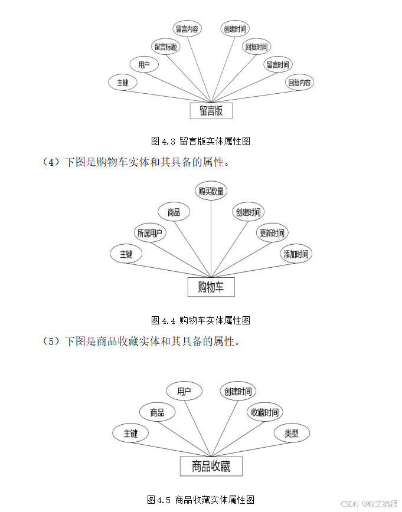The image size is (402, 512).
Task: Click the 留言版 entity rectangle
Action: tap(211, 111)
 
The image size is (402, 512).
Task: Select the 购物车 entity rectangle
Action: tap(211, 287)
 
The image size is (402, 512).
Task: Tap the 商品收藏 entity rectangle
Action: tap(211, 467)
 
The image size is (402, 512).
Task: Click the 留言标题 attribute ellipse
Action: tap(166, 47)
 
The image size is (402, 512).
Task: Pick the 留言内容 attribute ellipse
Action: tap(188, 28)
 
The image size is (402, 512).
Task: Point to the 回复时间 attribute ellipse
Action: tap(256, 47)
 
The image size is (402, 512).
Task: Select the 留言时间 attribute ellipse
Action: tap(277, 65)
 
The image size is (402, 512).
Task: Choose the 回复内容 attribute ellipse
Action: tap(299, 83)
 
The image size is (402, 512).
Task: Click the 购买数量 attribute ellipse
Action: tap(211, 191)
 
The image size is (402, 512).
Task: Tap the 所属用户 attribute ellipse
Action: tap(150, 233)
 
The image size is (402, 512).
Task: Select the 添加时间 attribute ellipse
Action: tap(295, 254)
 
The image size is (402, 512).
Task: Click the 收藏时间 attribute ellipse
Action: tap(264, 412)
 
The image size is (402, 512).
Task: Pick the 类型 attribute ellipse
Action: tap(292, 434)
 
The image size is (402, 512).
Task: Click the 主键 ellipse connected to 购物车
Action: tap(126, 254)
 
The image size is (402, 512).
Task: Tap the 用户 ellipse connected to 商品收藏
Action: tap(184, 391)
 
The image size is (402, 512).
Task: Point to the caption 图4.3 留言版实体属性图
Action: tap(201, 141)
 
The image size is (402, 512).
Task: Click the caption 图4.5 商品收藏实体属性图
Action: tap(201, 500)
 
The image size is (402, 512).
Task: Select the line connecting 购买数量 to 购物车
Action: tap(211, 236)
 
